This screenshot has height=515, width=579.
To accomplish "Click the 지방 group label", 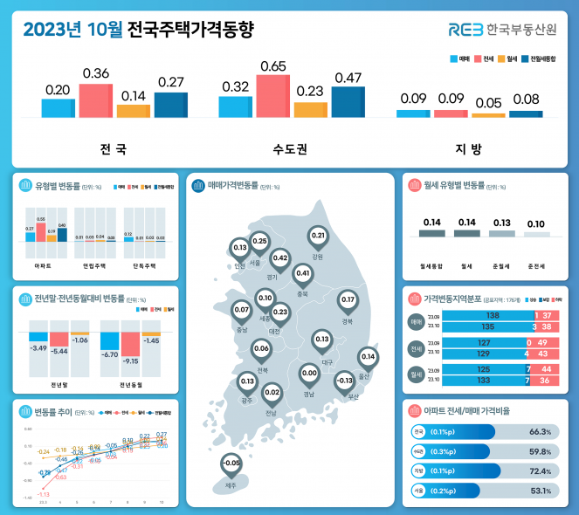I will coord(469,148).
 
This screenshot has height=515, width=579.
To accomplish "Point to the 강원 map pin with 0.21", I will coord(318,237).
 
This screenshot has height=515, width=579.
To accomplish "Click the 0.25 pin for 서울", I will coord(259,242).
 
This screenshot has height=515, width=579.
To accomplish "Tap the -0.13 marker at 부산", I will coord(344,381).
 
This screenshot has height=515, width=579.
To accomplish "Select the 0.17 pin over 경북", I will coord(347,300).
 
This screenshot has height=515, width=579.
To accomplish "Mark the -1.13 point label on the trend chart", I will coord(43,495).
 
